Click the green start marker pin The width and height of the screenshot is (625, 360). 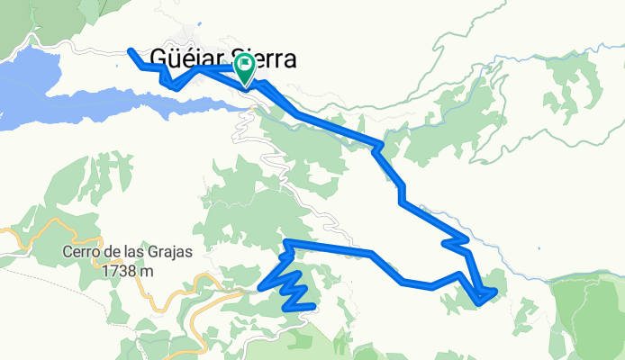coord(245,71)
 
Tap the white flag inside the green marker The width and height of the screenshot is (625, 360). coord(245,67)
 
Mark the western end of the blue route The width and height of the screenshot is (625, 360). coord(131,50)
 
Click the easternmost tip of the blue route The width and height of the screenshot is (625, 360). coord(494,291)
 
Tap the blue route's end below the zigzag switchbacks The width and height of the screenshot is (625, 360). coord(312,306)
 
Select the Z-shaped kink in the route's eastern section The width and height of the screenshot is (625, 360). coord(455,240)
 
